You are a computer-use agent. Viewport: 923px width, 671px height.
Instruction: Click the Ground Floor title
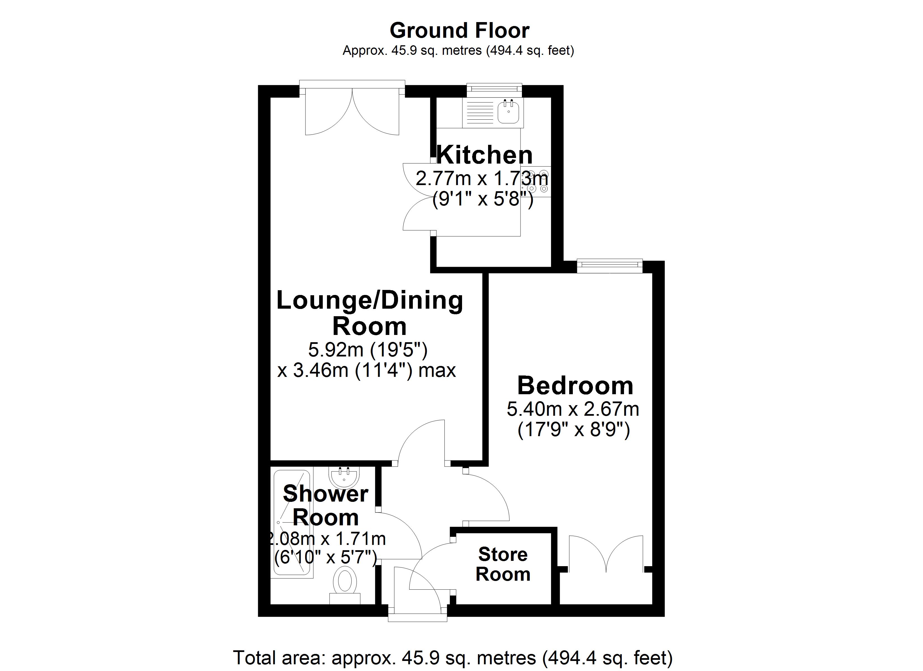click(460, 30)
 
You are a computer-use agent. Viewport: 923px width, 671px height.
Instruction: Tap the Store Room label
click(503, 564)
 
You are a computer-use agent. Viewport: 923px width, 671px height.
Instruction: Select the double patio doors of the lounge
click(352, 110)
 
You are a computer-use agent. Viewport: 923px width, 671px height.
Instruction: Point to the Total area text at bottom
click(453, 658)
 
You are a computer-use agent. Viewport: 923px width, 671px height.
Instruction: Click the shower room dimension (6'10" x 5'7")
click(325, 557)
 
